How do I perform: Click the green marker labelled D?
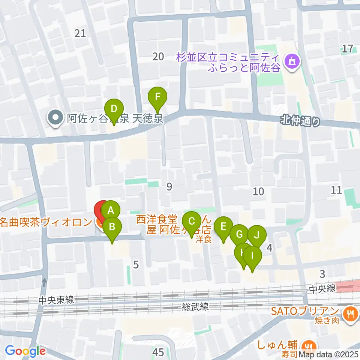114,109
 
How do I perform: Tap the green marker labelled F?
158,97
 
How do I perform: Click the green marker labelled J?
256,235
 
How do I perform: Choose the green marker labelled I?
252,256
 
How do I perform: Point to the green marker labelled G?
239,235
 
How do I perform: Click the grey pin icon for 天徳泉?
55,119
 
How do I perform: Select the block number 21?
80,33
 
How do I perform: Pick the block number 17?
348,48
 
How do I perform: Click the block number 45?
158,352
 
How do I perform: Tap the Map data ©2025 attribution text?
336,353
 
